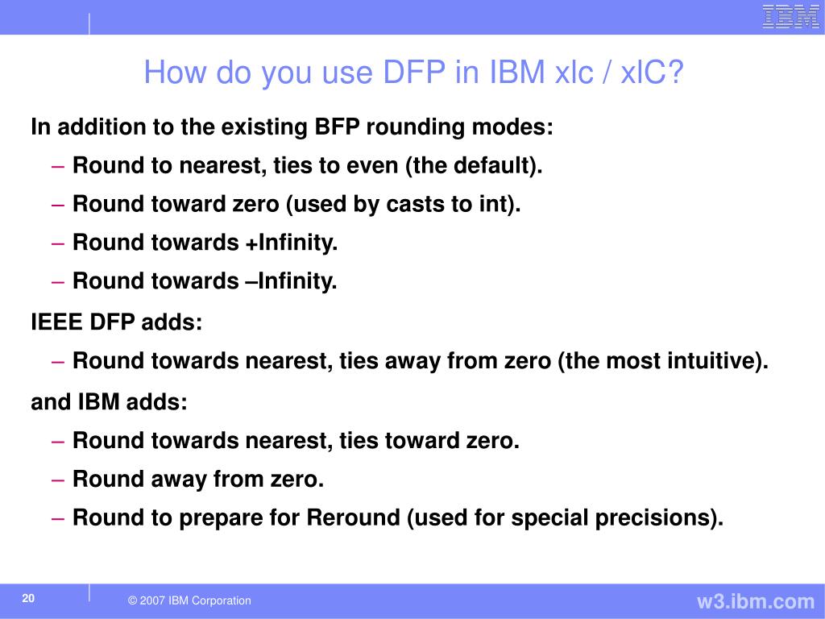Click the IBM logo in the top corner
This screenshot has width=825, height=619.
click(x=791, y=16)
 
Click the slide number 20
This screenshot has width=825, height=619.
click(x=28, y=598)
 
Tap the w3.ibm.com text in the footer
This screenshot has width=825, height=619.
click(x=756, y=601)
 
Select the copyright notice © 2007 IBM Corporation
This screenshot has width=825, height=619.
click(x=189, y=600)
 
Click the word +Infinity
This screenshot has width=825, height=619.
click(x=291, y=243)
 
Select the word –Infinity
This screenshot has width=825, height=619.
click(x=291, y=281)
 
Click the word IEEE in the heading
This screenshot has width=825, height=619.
click(x=57, y=322)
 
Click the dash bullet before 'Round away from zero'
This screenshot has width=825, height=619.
click(x=58, y=480)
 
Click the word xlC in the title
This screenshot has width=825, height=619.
click(x=638, y=72)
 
